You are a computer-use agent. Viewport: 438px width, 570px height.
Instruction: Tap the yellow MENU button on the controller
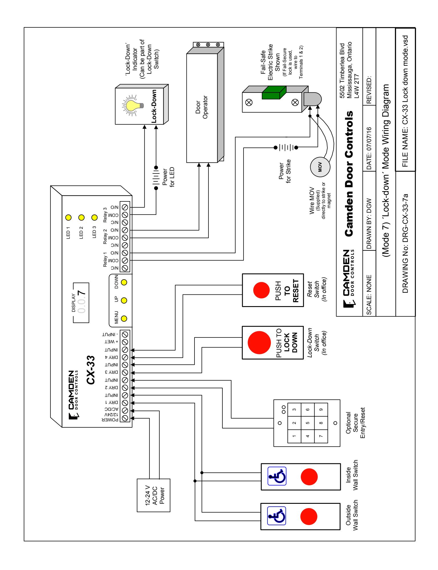[x=124, y=318]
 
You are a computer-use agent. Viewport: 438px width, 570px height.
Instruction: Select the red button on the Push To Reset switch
[x=261, y=290]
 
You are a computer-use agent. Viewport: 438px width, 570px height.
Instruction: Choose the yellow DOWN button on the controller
[x=124, y=282]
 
